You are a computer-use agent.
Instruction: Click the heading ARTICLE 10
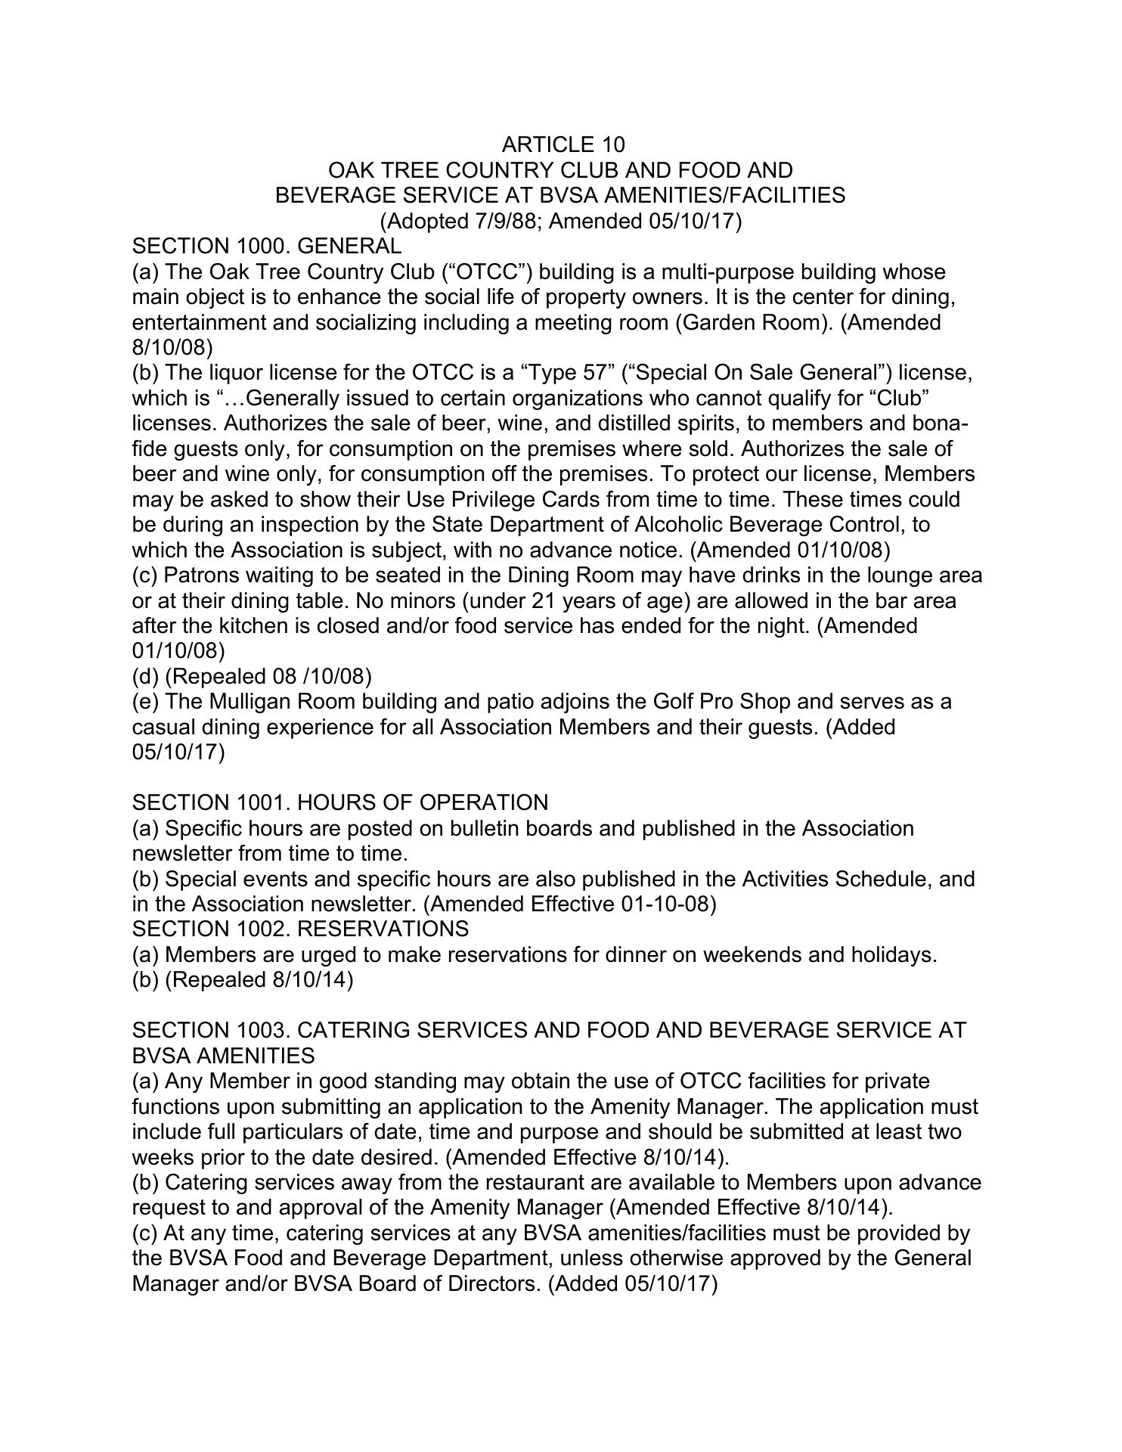[563, 144]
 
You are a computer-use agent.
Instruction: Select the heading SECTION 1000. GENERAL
[266, 246]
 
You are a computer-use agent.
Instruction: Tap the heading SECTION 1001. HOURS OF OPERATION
[339, 802]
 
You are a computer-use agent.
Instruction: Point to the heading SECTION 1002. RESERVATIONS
[299, 929]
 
